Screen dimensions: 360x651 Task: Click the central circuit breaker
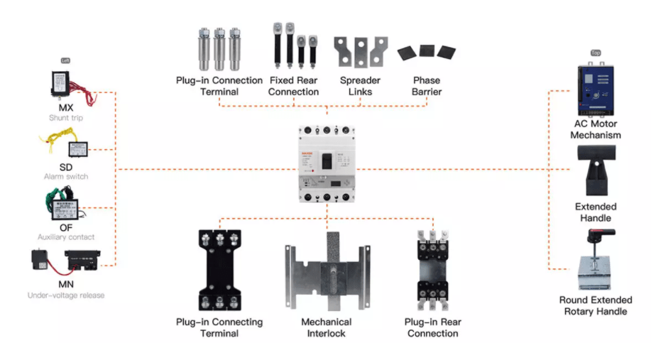[327, 164]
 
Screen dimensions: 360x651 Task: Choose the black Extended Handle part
[595, 170]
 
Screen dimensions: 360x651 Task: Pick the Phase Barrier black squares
[426, 52]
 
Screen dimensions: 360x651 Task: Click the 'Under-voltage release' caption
[65, 295]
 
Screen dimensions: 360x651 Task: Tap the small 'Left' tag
[66, 60]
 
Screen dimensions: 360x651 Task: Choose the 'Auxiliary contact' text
[65, 236]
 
